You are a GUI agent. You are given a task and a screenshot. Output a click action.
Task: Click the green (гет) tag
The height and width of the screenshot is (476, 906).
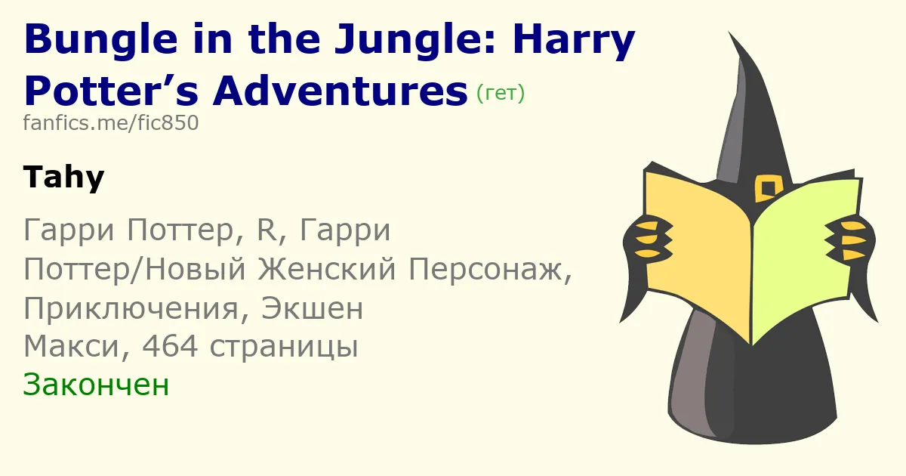[x=501, y=93]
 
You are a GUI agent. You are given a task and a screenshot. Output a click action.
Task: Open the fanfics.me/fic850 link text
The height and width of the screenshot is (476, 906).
[x=111, y=122]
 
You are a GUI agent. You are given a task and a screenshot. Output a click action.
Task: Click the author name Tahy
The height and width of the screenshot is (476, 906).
[x=64, y=178]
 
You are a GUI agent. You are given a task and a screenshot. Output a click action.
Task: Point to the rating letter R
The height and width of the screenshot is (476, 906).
[x=266, y=230]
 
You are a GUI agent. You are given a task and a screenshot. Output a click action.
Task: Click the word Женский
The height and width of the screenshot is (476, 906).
[x=327, y=269]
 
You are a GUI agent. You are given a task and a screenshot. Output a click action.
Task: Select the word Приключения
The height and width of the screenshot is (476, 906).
[x=131, y=309]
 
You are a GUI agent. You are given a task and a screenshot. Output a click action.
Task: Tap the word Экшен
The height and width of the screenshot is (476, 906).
[x=313, y=308]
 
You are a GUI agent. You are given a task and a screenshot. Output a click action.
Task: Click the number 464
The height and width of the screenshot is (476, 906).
[x=170, y=347]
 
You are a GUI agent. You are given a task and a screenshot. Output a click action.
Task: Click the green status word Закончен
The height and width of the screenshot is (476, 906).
[x=96, y=385]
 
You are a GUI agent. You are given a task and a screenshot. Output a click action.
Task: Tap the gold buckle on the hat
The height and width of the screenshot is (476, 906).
[x=768, y=188]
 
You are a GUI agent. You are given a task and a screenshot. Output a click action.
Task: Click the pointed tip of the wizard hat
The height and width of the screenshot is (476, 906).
[x=729, y=32]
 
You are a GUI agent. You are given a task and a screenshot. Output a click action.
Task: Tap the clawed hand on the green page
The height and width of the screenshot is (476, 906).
[x=849, y=240]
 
